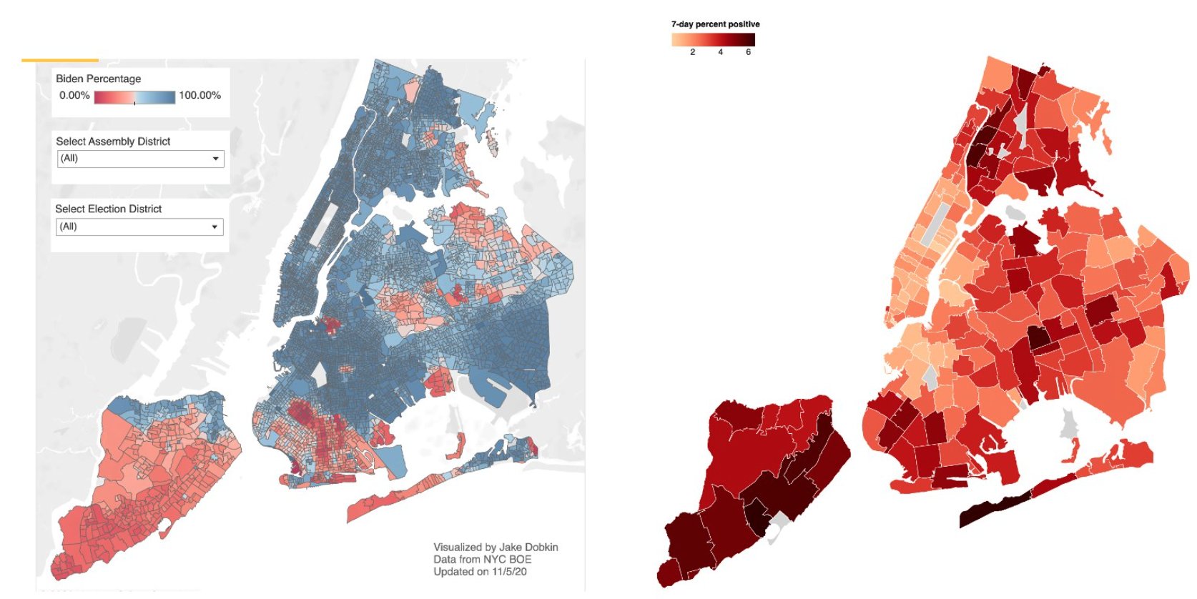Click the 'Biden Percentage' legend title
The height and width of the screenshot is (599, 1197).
click(x=98, y=79)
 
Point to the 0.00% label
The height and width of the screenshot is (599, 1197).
click(x=74, y=96)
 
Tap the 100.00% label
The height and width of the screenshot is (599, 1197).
click(x=199, y=95)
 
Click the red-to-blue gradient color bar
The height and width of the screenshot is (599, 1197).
click(x=134, y=97)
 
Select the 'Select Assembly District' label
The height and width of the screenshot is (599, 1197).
click(x=113, y=142)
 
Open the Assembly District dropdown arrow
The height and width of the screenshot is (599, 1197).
click(x=215, y=159)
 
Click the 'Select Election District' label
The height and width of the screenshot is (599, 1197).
click(x=108, y=209)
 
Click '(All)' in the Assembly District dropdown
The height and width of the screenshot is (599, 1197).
click(x=69, y=158)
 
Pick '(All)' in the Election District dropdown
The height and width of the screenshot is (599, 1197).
click(x=69, y=227)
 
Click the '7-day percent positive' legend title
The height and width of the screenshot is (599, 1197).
click(x=715, y=24)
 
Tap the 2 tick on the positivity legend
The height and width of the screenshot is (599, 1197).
click(x=692, y=52)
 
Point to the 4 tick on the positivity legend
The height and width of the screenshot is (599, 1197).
click(x=720, y=52)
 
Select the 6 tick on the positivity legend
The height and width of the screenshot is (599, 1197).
click(x=748, y=52)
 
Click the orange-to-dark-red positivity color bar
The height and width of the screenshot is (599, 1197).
click(x=713, y=39)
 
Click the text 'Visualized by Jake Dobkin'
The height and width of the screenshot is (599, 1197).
click(x=496, y=548)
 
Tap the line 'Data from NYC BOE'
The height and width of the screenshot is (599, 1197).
click(x=482, y=560)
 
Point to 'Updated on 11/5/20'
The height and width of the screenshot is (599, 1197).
click(x=480, y=572)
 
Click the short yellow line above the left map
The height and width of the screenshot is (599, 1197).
click(x=60, y=60)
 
